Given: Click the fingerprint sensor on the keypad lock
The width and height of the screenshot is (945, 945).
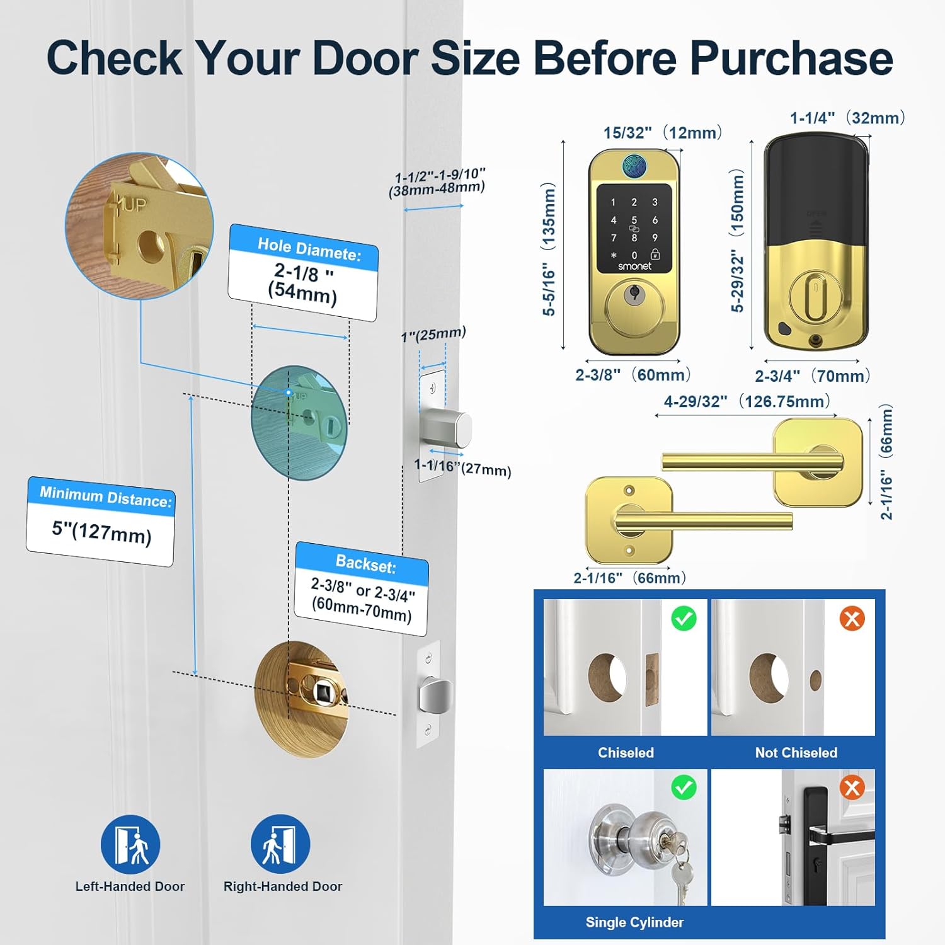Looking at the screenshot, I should point(634,166).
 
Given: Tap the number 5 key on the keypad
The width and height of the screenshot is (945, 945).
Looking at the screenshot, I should point(634,220).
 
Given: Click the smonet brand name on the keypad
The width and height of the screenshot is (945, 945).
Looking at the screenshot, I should point(634,266).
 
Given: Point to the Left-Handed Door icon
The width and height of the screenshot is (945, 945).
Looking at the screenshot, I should point(130,844).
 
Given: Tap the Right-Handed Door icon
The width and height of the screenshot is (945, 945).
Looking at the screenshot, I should point(280,844).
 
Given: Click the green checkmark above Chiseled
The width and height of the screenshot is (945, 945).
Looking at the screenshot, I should point(684,619).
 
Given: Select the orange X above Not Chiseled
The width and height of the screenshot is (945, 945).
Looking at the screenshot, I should point(852,619).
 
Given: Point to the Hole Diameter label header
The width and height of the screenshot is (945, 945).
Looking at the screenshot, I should point(309,249).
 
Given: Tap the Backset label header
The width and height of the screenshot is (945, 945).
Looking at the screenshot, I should point(365,563).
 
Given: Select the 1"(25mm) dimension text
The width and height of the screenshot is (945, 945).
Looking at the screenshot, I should point(433,335).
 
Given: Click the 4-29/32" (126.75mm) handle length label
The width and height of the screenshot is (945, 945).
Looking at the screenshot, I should point(747,401).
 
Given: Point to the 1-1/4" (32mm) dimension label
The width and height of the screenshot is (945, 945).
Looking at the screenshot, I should point(847,118).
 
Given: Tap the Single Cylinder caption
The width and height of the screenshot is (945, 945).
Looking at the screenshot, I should point(634,922).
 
